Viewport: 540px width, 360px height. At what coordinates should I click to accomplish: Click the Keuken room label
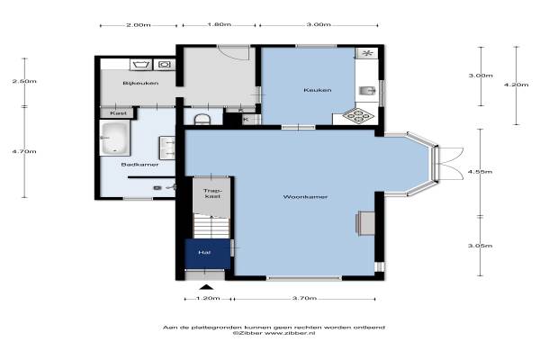click(318, 90)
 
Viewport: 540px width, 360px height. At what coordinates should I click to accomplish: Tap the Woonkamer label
click(305, 197)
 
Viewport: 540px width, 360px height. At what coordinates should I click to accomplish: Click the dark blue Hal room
click(207, 254)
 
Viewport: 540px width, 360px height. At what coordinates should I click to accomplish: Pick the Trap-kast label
click(211, 193)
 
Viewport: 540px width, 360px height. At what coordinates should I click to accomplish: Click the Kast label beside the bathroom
click(118, 113)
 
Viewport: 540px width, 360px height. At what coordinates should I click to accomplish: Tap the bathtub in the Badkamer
click(114, 138)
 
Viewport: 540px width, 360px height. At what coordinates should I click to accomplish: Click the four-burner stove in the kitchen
click(358, 116)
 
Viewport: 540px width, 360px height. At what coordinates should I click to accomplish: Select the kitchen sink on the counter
click(367, 91)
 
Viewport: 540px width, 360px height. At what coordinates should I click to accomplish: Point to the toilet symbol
click(202, 120)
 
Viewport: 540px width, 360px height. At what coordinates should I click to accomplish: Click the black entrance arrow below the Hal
click(206, 287)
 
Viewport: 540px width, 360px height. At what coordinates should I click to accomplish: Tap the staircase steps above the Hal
click(211, 226)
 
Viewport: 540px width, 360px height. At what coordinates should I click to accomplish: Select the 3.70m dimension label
click(304, 298)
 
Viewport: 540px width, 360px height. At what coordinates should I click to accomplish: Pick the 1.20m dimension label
click(208, 298)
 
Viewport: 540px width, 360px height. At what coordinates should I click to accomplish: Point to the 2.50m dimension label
click(24, 82)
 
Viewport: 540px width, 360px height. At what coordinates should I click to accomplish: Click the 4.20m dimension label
click(516, 85)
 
